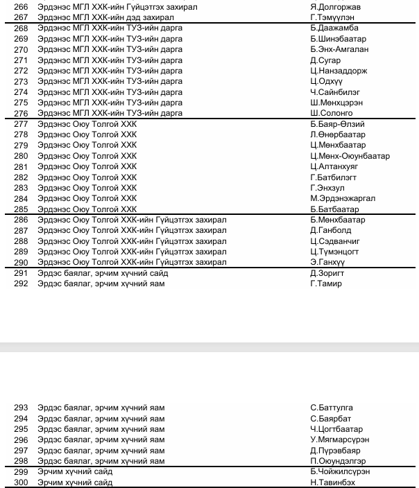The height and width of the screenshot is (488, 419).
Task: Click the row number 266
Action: click(x=20, y=7)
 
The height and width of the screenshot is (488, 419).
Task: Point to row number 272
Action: click(x=20, y=71)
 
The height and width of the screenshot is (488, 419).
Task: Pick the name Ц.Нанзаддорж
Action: click(x=339, y=71)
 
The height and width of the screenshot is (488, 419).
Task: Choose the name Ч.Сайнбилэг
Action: click(x=335, y=92)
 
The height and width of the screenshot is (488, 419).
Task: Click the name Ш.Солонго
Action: click(x=331, y=113)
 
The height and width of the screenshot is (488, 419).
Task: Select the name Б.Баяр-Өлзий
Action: click(x=337, y=124)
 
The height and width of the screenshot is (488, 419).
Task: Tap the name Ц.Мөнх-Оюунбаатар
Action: click(x=350, y=156)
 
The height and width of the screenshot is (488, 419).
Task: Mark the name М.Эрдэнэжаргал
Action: click(x=343, y=198)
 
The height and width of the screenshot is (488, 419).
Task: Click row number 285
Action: click(x=20, y=209)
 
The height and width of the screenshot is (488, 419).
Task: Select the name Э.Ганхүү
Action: click(x=327, y=262)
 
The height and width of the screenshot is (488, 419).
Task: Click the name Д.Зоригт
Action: click(x=327, y=273)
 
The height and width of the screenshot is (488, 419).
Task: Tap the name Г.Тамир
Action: click(x=326, y=284)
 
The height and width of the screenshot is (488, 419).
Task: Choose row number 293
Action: click(x=20, y=408)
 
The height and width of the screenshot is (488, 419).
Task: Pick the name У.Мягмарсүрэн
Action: click(x=339, y=439)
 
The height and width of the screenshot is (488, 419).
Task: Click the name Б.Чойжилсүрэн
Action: click(x=340, y=471)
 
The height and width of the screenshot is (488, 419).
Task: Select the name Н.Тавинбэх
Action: click(x=332, y=482)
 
